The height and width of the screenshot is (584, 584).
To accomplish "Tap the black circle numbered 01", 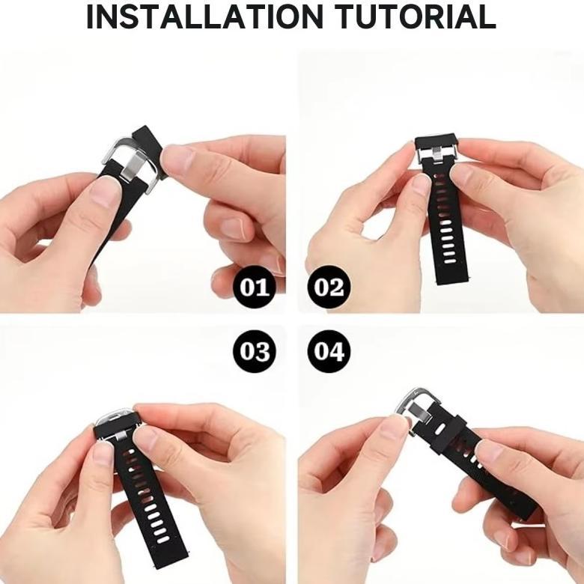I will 255,288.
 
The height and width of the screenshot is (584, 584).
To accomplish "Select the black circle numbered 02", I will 328,288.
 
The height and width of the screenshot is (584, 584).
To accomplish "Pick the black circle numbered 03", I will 255,351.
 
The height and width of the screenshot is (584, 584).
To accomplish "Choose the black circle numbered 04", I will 328,351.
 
